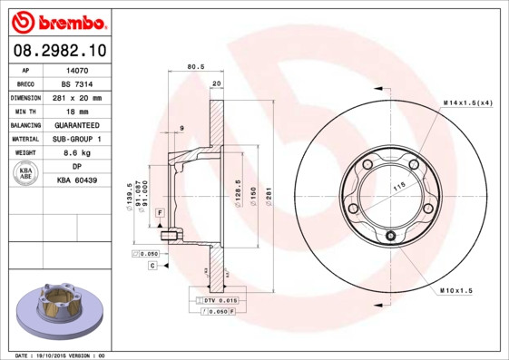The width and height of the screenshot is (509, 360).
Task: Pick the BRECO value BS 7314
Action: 76,83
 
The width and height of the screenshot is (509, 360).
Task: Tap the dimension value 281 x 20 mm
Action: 76,96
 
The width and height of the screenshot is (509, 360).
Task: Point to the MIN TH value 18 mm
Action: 76,111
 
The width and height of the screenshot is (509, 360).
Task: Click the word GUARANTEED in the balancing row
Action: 76,124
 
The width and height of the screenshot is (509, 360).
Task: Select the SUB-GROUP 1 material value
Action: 76,139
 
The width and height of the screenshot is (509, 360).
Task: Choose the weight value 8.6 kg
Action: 76,152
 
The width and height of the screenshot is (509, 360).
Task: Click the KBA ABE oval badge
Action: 26,174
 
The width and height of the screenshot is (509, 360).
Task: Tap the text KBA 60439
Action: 76,181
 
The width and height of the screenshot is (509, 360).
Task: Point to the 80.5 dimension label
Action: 195,66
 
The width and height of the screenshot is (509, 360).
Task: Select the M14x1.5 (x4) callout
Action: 468,103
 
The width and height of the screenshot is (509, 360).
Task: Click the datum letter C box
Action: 153,266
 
